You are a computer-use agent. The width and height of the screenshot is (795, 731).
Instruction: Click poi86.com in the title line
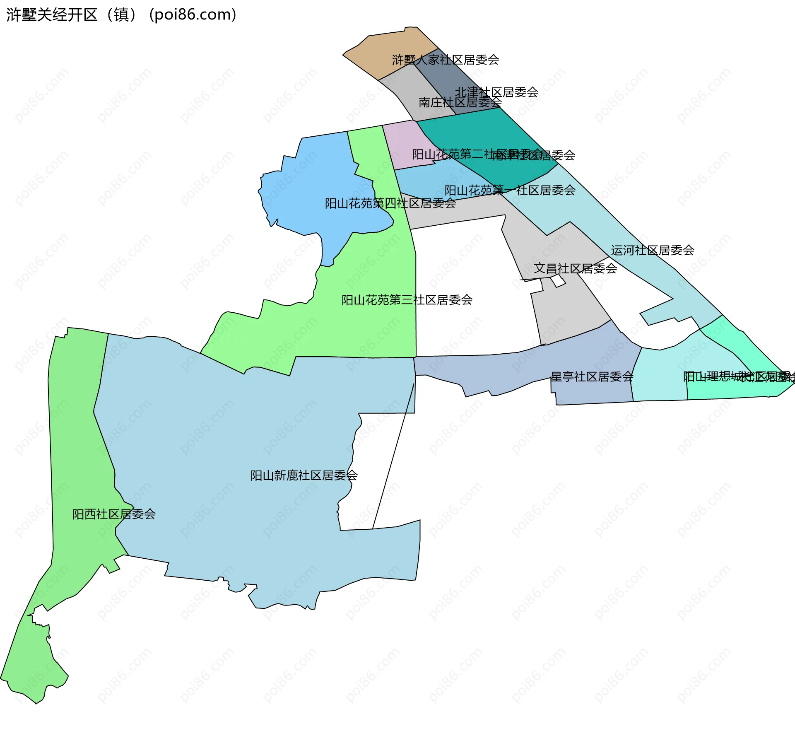(193, 15)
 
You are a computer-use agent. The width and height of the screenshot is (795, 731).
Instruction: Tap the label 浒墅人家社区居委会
(446, 60)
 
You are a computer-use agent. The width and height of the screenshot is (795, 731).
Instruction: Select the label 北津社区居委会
(496, 92)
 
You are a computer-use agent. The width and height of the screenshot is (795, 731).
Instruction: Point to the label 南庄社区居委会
(460, 102)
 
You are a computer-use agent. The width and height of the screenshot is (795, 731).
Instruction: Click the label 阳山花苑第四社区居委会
(390, 203)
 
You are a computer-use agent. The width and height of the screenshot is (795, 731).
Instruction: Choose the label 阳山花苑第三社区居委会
(407, 300)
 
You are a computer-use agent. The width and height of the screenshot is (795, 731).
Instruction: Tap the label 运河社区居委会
(652, 250)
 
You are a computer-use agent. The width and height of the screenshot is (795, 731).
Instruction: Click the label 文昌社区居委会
(575, 268)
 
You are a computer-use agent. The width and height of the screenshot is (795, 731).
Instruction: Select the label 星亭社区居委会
(592, 376)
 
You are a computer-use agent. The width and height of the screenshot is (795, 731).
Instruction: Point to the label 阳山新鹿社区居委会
(304, 475)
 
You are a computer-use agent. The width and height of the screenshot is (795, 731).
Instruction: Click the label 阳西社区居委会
(114, 514)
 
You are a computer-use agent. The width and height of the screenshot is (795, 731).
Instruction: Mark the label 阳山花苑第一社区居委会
(510, 190)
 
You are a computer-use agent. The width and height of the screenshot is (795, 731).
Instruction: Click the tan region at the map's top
(389, 52)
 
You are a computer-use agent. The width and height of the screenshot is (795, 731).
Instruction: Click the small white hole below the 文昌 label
(558, 281)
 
